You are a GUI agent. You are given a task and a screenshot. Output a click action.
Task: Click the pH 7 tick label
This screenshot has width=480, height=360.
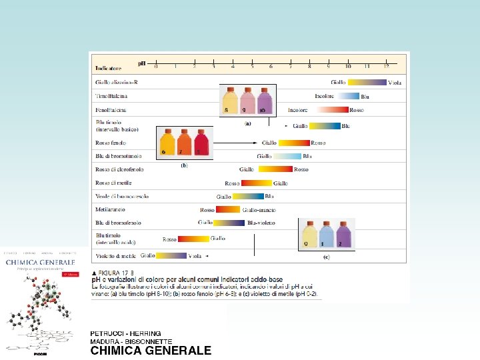click(x=291, y=66)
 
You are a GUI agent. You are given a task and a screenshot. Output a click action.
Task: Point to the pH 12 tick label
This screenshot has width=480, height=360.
click(x=387, y=66)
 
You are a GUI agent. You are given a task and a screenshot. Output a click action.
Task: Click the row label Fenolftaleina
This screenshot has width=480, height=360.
click(x=111, y=109)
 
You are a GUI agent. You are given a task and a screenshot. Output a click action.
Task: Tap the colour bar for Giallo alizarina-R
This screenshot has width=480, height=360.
click(x=367, y=83)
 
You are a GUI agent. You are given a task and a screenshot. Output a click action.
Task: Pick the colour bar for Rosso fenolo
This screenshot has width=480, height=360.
click(x=294, y=143)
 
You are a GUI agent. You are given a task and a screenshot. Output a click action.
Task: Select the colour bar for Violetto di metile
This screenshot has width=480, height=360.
click(x=171, y=255)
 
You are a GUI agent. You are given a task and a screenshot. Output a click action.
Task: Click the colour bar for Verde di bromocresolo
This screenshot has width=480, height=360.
click(x=247, y=197)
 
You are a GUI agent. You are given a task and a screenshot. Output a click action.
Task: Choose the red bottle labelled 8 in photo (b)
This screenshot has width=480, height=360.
click(x=201, y=143)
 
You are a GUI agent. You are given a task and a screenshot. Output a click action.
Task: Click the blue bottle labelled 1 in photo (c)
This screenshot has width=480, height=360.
click(x=326, y=235)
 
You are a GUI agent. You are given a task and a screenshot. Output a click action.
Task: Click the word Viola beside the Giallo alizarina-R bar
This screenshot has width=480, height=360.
click(x=395, y=83)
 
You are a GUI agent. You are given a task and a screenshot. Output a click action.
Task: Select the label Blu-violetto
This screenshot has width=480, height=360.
click(x=261, y=223)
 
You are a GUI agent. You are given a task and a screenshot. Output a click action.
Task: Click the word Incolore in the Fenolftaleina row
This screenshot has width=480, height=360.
click(x=298, y=109)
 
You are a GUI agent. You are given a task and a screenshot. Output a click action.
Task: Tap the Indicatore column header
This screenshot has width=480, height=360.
click(x=108, y=68)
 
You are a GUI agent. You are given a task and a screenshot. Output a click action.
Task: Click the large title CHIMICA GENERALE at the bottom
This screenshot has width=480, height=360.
click(x=151, y=351)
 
